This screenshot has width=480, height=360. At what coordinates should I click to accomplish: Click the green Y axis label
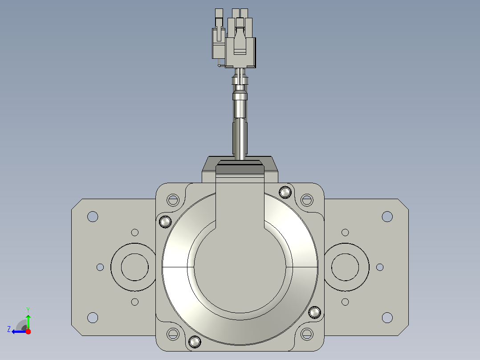[x=28, y=310]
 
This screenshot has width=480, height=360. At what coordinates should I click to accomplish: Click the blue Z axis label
[x=9, y=329]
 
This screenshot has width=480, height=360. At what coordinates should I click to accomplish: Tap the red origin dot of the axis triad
[x=28, y=331]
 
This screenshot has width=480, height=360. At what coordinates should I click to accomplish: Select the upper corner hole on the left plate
[x=93, y=217]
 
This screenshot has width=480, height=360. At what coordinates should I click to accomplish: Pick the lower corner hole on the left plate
[x=93, y=317]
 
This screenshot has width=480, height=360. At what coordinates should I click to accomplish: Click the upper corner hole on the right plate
[x=387, y=217]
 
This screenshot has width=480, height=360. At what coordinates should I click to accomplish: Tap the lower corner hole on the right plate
[x=387, y=317]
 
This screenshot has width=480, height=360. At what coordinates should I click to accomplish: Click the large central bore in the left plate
[x=134, y=267]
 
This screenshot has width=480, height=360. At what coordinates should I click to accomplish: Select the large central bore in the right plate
[x=345, y=267]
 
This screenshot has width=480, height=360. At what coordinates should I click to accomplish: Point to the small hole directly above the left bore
[x=134, y=233]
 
